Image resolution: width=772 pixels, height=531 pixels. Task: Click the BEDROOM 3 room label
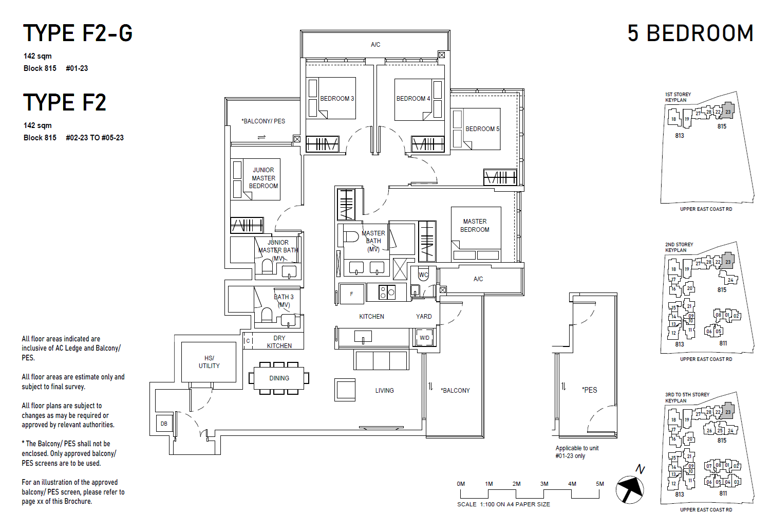click(x=337, y=99)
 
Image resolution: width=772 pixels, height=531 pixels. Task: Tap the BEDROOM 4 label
click(x=413, y=99)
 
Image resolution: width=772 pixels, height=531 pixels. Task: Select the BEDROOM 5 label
click(x=482, y=129)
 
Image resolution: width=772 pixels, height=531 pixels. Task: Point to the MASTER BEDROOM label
click(x=475, y=226)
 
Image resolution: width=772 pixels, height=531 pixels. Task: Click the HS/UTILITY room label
click(x=209, y=362)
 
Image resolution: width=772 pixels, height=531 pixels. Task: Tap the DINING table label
click(x=279, y=378)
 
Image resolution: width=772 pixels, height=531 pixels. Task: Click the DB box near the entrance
click(x=164, y=424)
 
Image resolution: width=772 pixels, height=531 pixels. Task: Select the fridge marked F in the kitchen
click(x=351, y=294)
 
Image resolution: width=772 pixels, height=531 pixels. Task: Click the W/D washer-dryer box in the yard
click(x=424, y=338)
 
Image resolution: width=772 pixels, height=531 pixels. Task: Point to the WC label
click(x=423, y=275)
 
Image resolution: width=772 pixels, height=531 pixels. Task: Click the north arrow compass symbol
click(x=630, y=489)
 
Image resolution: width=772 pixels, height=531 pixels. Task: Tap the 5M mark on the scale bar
click(x=599, y=484)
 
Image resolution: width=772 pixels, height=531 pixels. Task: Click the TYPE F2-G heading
click(x=78, y=33)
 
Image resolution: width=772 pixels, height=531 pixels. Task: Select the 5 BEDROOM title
click(x=690, y=33)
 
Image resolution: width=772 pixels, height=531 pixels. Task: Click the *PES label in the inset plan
click(x=590, y=390)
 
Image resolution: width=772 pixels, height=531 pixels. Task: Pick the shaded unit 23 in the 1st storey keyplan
click(x=728, y=111)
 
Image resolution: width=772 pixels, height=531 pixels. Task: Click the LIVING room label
click(x=384, y=391)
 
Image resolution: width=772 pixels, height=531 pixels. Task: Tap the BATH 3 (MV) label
click(x=284, y=301)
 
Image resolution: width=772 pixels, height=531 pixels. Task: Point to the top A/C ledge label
click(x=375, y=45)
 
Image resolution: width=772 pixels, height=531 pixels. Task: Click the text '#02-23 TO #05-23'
click(x=95, y=138)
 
